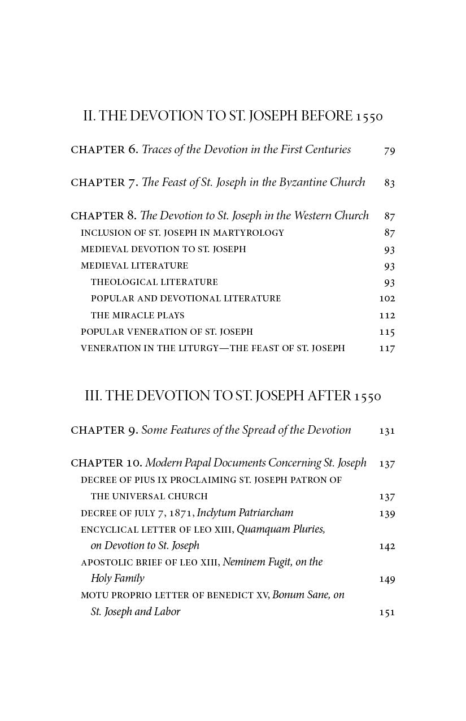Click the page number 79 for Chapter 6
389,150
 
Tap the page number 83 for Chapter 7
389,183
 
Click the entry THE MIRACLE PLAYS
137,316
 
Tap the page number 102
387,299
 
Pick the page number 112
387,316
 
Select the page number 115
387,332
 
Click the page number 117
387,348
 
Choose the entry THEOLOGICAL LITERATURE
154,282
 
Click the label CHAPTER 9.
104,430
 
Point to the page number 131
387,431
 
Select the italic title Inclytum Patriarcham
245,513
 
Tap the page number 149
387,579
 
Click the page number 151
387,612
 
